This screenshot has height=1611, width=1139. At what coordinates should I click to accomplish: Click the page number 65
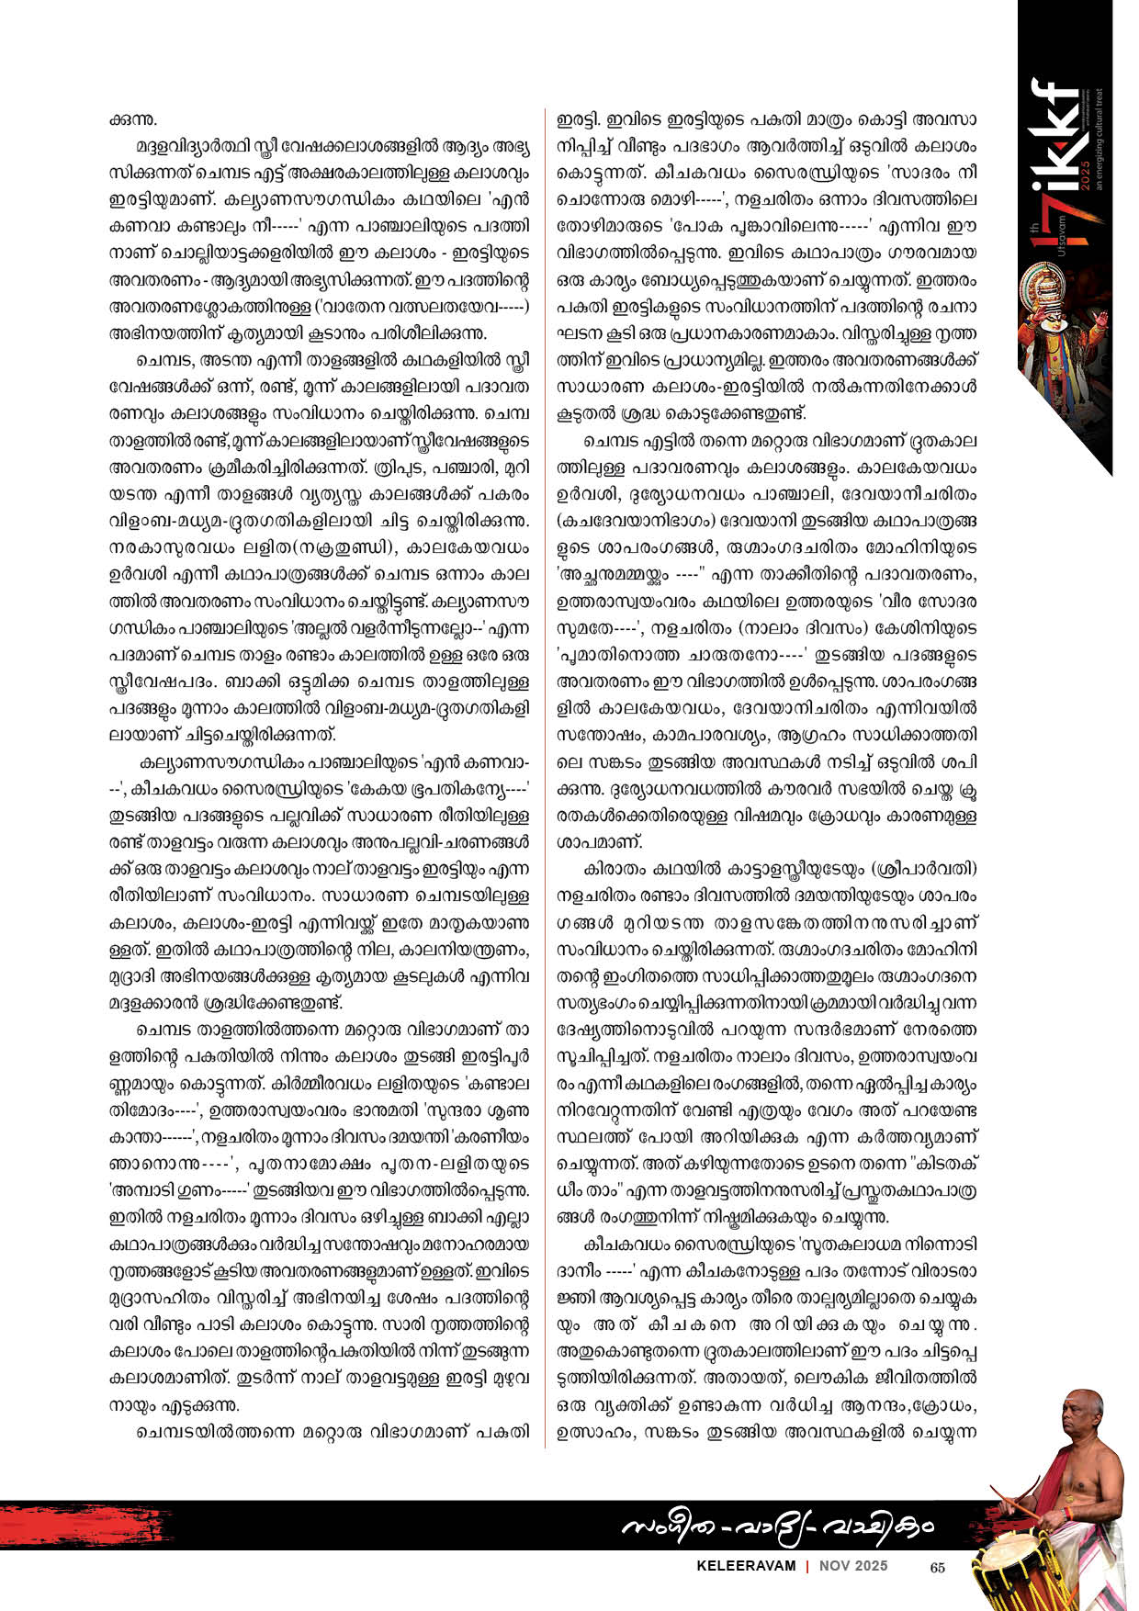click(938, 1568)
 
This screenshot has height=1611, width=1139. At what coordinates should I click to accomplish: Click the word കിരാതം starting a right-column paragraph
click(613, 868)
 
